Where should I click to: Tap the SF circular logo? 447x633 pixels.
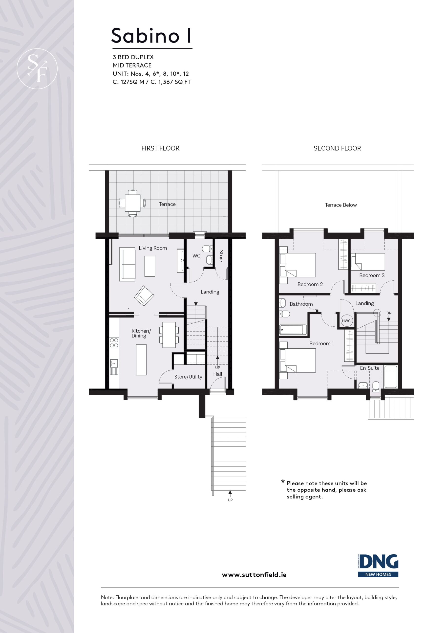(37, 69)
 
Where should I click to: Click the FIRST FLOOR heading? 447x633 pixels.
(160, 148)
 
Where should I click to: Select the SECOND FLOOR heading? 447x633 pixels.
(337, 148)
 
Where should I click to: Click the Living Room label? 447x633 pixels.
(153, 248)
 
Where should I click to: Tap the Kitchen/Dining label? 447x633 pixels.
(141, 333)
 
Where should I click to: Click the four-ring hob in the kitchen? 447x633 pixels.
(114, 343)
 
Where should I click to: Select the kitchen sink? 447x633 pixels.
(114, 367)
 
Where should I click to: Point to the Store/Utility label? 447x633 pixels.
(188, 377)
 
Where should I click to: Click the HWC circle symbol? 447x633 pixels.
(346, 321)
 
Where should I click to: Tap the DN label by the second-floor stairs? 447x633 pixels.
(389, 313)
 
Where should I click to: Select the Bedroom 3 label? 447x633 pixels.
(372, 275)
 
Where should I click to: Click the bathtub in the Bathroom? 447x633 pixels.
(293, 329)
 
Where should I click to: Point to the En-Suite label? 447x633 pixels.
(370, 368)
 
